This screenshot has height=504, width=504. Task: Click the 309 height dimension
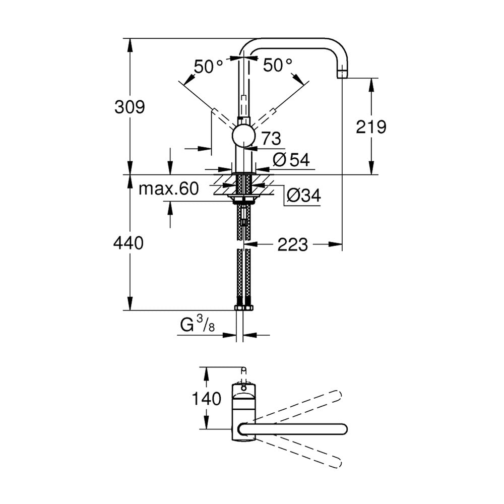(130, 106)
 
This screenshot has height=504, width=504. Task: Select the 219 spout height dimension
(371, 127)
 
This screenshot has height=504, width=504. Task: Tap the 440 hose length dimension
(129, 243)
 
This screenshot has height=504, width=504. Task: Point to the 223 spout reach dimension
(292, 244)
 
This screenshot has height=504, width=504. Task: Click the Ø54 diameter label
(291, 159)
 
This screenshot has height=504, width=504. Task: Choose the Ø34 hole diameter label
(303, 195)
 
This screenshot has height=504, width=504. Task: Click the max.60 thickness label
(169, 188)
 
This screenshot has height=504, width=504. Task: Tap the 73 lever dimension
(271, 139)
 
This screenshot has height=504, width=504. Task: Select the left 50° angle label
(208, 67)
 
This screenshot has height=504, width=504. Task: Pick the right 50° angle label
(278, 65)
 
